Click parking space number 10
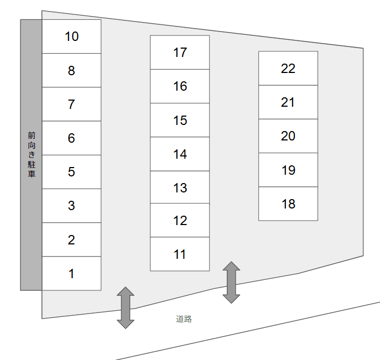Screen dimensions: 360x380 tap(71, 36)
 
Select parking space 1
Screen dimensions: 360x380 tap(71, 274)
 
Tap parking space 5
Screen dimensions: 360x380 tap(71, 172)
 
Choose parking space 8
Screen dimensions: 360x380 tap(71, 71)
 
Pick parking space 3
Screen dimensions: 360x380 tap(71, 206)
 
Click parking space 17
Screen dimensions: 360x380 tap(180, 53)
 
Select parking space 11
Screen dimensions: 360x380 tap(180, 254)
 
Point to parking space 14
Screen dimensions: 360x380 tap(180, 154)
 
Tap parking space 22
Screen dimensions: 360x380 tap(288, 69)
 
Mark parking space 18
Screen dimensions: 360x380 tap(288, 204)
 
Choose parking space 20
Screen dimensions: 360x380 tap(288, 136)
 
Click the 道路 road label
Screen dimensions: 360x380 tap(184, 319)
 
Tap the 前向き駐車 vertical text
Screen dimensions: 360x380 tap(32, 154)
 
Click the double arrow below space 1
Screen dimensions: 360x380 tap(126, 307)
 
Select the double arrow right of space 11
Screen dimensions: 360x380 tap(231, 282)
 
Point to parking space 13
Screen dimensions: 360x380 tap(180, 188)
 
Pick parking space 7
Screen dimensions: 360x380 tap(71, 105)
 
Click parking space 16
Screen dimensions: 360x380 tap(180, 86)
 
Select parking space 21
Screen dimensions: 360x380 tap(288, 102)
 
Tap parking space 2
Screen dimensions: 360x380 tap(71, 240)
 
